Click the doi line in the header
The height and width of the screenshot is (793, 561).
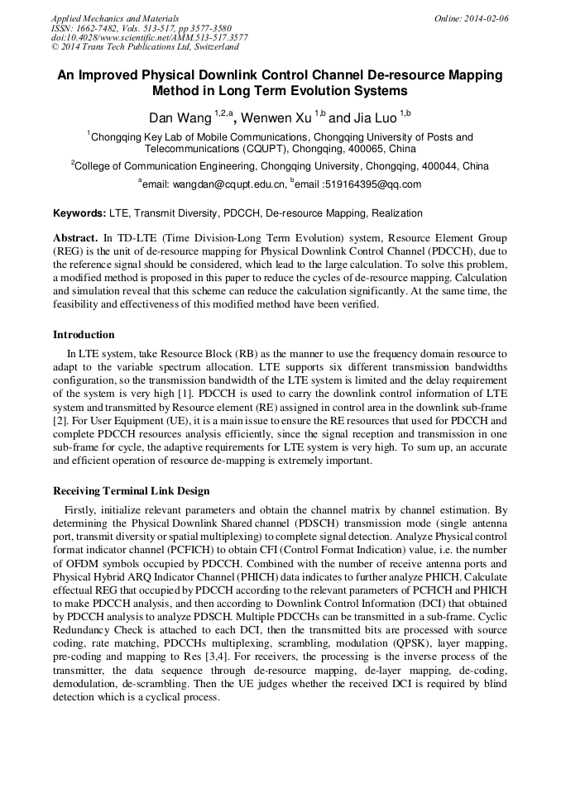[x=149, y=38]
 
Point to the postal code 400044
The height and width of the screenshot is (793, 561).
[x=464, y=166]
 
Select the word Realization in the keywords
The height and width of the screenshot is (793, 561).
[x=397, y=213]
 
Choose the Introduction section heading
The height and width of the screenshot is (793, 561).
[x=84, y=335]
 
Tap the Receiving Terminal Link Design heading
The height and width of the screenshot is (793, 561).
[x=131, y=491]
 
